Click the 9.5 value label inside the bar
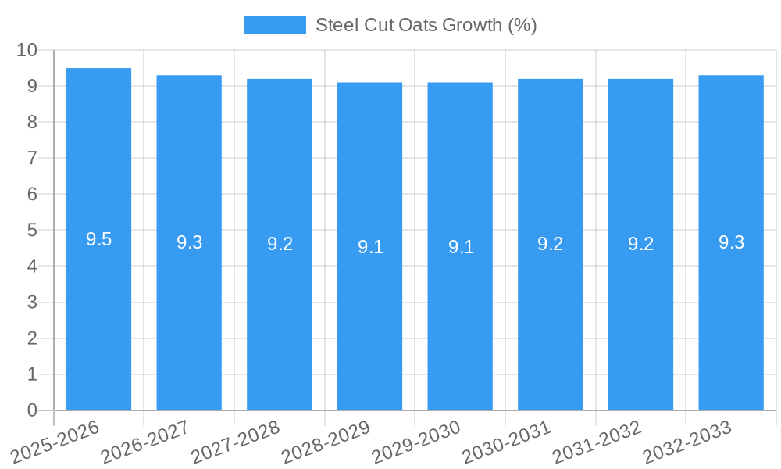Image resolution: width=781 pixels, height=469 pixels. click(98, 240)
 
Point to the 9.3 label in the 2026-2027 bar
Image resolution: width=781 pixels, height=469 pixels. click(189, 243)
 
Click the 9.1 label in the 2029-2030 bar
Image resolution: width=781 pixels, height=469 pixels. click(461, 247)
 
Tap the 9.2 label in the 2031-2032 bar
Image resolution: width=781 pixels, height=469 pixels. click(640, 245)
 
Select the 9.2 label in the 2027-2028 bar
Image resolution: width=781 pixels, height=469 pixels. click(280, 245)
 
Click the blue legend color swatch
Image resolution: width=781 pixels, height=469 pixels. click(274, 25)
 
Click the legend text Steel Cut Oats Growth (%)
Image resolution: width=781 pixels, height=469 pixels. click(426, 25)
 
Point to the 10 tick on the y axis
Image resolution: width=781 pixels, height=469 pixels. click(27, 50)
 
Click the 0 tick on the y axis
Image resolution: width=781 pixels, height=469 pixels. click(32, 410)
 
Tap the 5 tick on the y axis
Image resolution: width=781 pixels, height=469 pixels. click(32, 231)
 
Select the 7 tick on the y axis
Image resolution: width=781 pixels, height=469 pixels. click(32, 158)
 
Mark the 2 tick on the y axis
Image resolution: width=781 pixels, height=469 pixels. click(32, 338)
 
